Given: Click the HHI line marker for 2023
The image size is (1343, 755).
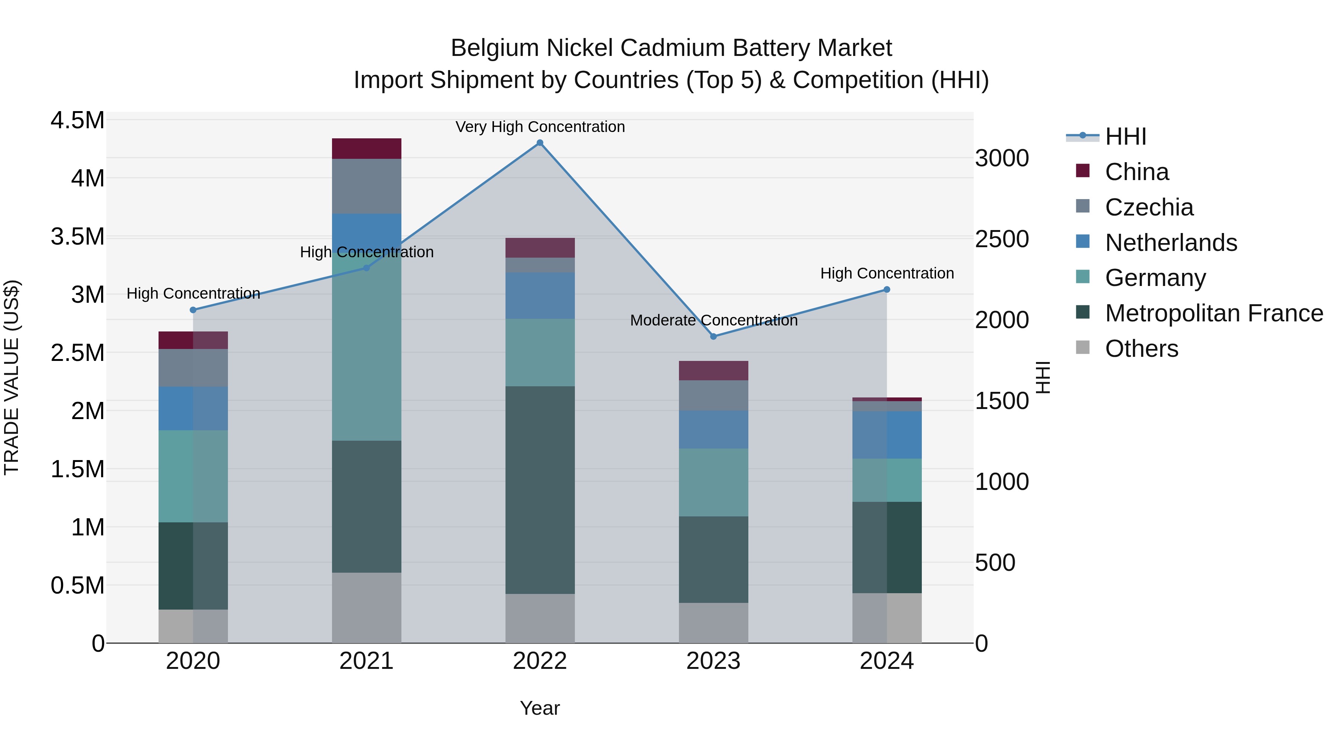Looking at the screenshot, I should [713, 337].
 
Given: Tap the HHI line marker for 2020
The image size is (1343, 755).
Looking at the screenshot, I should [193, 310].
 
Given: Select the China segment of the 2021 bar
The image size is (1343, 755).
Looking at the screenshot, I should [366, 148].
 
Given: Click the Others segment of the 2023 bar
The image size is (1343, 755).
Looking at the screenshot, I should [713, 623].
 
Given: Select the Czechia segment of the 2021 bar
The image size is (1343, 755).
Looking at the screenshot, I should [366, 186].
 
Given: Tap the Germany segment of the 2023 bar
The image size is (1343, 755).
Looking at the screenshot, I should [713, 482].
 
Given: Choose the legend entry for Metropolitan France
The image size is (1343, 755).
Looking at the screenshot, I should [1214, 313].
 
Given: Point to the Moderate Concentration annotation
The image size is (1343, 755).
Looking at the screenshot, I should [713, 320].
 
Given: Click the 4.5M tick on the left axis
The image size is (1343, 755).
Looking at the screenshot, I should [77, 120].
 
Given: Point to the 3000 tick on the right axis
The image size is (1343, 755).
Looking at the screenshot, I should [1002, 158].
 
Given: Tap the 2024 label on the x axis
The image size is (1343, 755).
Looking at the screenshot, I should [886, 661].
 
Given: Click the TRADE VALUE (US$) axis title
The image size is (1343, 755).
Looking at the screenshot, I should [12, 377].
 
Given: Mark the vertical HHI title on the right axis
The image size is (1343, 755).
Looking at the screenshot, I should [1042, 377].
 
